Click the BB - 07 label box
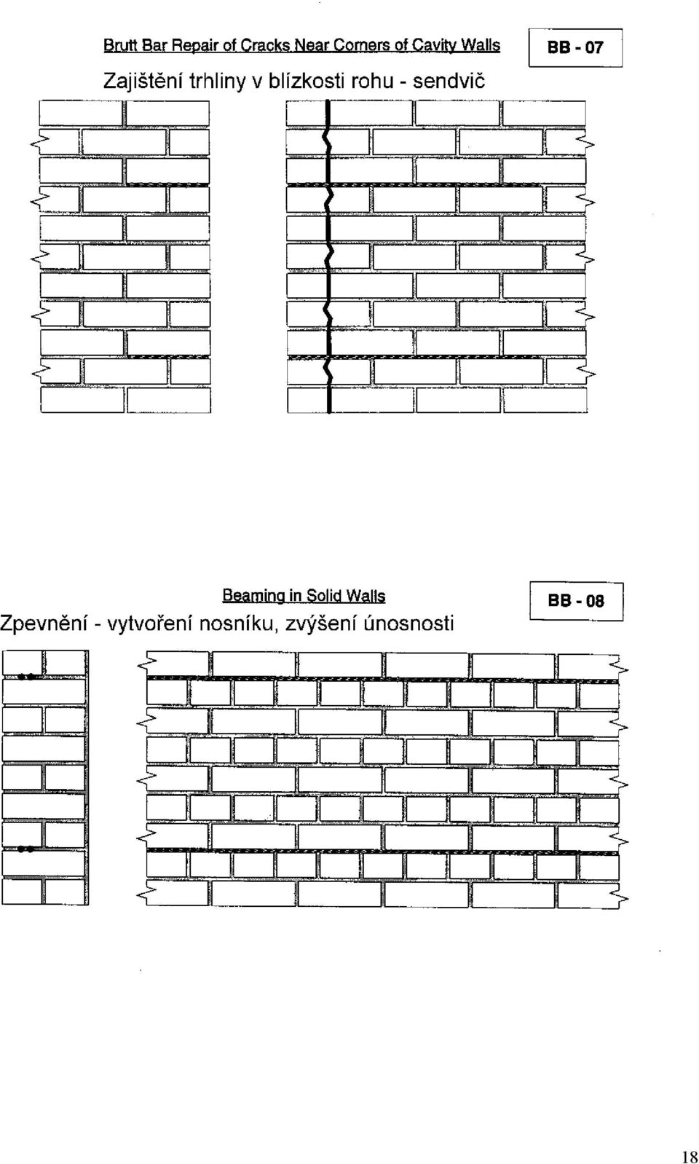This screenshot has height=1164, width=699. tap(575, 48)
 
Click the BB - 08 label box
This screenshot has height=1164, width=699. tap(576, 601)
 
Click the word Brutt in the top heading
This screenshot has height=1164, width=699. tap(121, 46)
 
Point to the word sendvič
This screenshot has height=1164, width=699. tap(449, 81)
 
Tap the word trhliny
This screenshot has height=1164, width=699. tap(216, 82)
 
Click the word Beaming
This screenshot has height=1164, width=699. tap(254, 596)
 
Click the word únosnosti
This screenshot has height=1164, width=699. tap(410, 622)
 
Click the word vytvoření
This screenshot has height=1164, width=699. tap(151, 623)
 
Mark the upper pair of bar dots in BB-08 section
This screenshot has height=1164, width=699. tap(26, 677)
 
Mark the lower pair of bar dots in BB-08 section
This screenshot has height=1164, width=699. tap(26, 849)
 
